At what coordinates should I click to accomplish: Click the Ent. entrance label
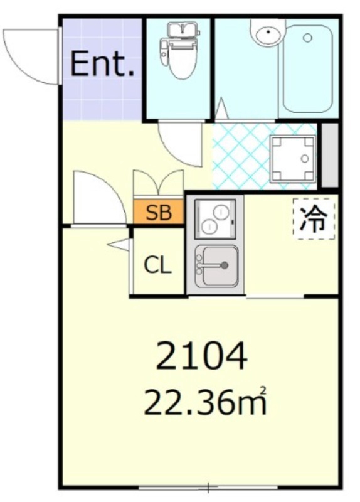point(102,65)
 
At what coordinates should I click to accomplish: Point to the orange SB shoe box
point(159,213)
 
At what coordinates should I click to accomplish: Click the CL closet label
point(157,265)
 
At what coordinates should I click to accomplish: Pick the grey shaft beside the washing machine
point(329,156)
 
